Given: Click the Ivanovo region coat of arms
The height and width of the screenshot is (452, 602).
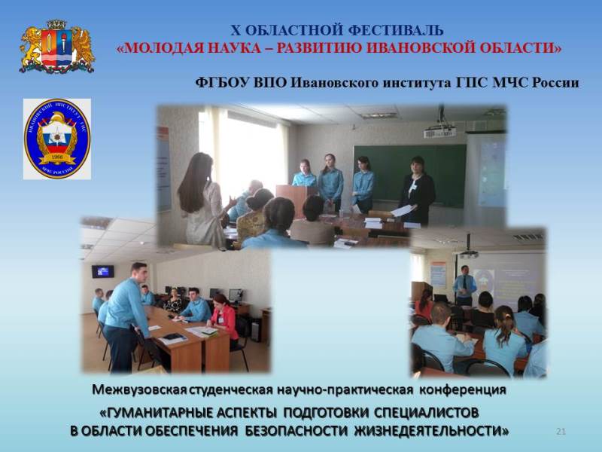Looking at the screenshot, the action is point(57,46).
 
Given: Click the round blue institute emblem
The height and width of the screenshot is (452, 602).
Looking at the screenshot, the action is point(57,139).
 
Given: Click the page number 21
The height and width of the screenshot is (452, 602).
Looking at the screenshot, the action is point(561,431).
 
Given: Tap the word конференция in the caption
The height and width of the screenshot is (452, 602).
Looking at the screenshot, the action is point(462,390).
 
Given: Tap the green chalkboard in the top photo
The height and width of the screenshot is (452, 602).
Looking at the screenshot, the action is point(409,175).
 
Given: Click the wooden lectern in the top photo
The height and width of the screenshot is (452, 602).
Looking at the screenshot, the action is point(296,200).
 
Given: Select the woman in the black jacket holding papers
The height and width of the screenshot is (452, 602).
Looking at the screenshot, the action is point(417,191).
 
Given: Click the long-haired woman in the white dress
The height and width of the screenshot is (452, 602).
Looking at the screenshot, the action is point(202,200).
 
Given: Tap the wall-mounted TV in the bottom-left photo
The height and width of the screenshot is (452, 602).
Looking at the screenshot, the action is point(102,271).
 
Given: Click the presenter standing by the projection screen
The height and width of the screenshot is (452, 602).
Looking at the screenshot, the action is point(464,286).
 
